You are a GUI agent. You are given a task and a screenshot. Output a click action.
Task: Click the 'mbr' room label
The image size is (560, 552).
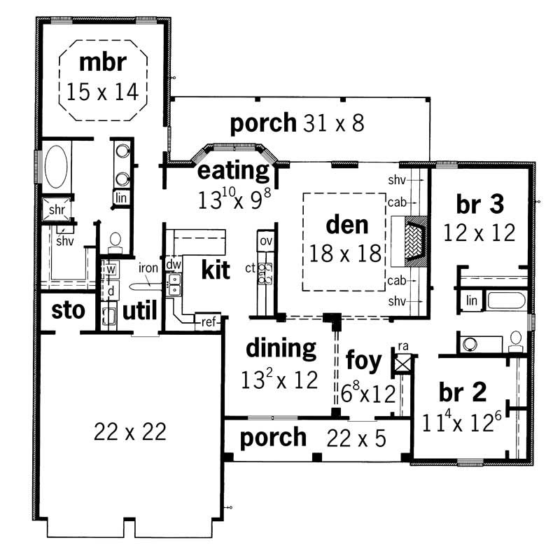102,62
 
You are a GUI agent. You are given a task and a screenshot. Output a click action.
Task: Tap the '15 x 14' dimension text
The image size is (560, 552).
102,90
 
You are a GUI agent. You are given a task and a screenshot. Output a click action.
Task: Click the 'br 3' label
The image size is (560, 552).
479,204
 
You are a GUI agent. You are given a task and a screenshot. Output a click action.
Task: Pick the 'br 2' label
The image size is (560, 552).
462,392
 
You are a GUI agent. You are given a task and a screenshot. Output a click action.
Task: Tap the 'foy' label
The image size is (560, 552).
364,361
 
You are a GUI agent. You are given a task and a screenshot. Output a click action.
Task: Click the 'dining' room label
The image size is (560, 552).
281,347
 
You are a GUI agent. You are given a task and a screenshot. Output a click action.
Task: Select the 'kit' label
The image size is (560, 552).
216,270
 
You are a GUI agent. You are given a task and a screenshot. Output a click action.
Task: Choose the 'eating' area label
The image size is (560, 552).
234,170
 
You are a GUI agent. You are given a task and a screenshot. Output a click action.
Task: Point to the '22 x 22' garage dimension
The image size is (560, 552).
130,432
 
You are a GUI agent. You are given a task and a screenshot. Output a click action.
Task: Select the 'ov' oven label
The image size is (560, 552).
265,241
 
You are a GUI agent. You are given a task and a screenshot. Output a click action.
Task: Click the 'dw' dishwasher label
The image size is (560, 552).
174,265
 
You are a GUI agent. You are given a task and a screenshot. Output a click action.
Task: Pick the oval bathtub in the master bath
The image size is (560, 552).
57,167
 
